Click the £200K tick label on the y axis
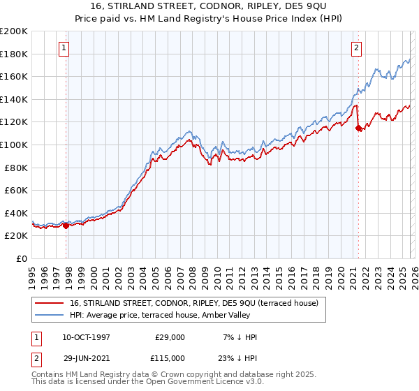tap(13, 31)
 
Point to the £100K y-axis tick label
tap(13, 145)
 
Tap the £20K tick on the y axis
tap(15, 236)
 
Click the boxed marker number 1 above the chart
tap(64, 48)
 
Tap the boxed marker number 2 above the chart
tap(356, 48)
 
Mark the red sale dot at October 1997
tap(66, 226)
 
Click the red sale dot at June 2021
tap(358, 128)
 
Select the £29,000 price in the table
tap(169, 337)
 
